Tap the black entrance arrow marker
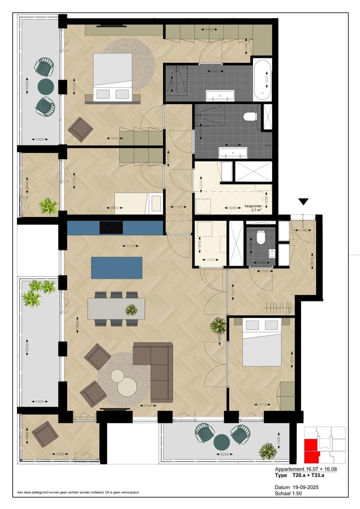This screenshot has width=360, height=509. tap(303, 201)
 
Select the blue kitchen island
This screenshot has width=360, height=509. tap(116, 267)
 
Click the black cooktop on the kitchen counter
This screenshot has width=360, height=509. tap(111, 227)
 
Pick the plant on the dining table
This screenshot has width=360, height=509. tap(131, 310)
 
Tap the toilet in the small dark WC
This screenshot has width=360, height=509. tap(260, 238)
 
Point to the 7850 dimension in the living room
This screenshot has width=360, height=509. tap(77, 323)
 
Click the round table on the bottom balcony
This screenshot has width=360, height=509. tap(221, 442)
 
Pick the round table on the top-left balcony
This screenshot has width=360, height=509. tap(45, 85)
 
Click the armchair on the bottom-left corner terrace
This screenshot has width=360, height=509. tap(45, 434)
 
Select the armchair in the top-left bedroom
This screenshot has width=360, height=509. tap(80, 129)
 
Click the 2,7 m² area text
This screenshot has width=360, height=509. tap(257, 210)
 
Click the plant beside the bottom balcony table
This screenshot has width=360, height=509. tap(268, 451)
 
